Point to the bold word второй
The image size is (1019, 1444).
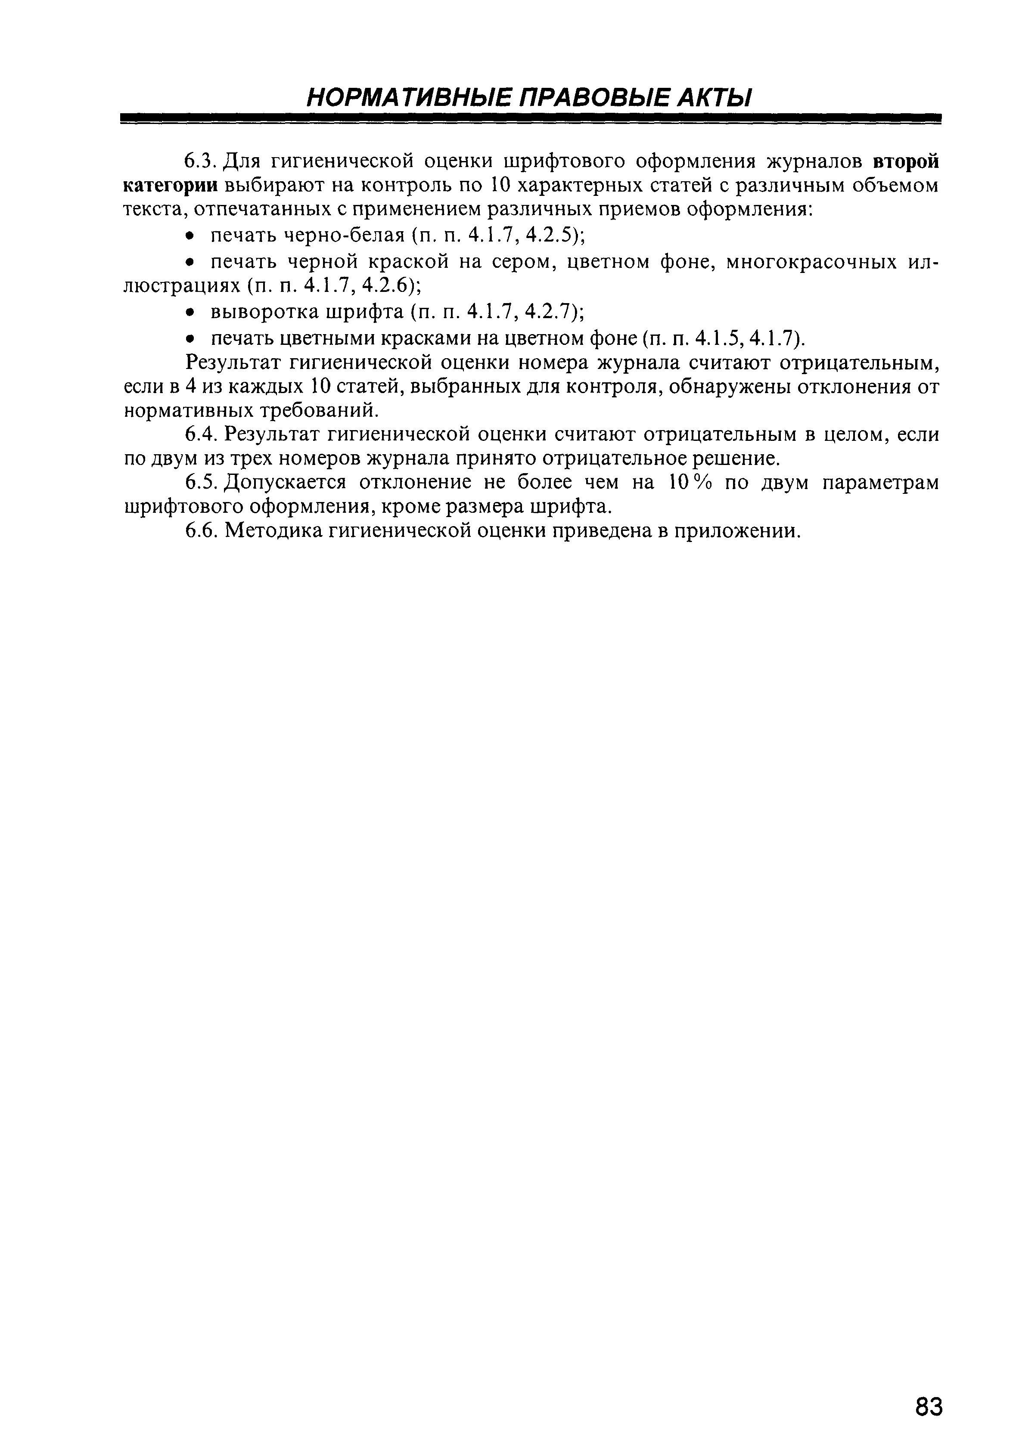(907, 162)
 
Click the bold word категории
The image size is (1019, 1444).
(171, 186)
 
